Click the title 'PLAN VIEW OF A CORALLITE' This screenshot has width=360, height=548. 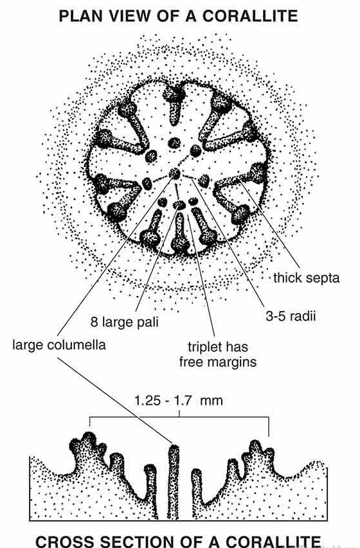pos(178,16)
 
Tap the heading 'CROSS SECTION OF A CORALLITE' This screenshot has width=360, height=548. pos(178,541)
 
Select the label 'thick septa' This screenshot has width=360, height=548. pos(307,278)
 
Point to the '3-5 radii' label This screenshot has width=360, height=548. pos(291,316)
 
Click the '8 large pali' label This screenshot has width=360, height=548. pos(125,321)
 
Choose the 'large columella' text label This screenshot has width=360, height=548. pos(59,345)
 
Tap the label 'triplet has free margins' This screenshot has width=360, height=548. pos(218,355)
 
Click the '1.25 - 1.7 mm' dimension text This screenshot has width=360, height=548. pos(179,400)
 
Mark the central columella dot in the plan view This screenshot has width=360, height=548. pos(175,173)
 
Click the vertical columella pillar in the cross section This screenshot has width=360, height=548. pos(173,482)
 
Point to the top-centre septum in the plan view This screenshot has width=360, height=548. pos(174,104)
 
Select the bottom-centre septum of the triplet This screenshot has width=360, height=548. pos(179,233)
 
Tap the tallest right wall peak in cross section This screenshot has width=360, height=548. pos(256,446)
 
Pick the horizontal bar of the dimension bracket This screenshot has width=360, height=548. pos(179,418)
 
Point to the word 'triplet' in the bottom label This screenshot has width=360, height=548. pos(205,348)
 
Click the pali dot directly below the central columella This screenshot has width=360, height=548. pos(179,204)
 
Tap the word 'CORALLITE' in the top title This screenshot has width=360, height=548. pos(250,16)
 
